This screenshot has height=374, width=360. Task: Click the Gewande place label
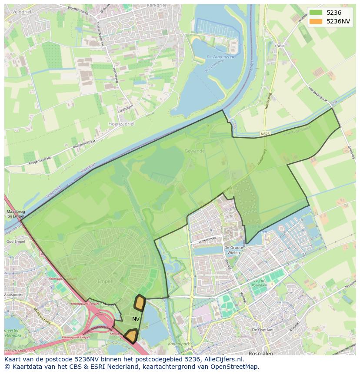point(194,151)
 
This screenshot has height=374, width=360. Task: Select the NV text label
point(136,319)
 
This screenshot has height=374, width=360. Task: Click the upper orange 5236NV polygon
point(139,303)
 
